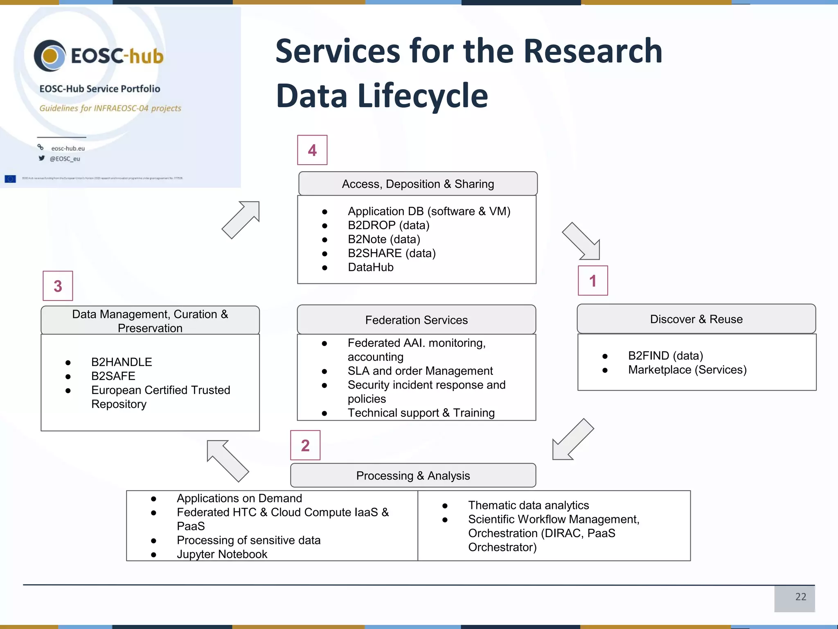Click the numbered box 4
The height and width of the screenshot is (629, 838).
(312, 150)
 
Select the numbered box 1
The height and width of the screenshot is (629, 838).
(592, 281)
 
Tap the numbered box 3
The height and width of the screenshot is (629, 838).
(58, 286)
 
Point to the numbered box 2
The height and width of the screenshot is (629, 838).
(305, 445)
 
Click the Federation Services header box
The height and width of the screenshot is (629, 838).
(416, 320)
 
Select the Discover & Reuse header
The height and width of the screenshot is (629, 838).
(696, 319)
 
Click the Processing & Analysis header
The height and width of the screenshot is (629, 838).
(413, 475)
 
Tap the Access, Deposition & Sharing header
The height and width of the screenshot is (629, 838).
(418, 184)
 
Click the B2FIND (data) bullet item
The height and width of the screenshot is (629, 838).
(665, 355)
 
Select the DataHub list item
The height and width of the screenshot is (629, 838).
(370, 267)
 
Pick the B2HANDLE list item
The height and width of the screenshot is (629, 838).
(122, 362)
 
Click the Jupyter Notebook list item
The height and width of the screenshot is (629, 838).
(222, 554)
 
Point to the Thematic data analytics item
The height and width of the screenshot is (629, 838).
(528, 505)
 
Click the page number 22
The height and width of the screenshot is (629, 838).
(800, 597)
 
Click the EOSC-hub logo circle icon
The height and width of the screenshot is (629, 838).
(50, 56)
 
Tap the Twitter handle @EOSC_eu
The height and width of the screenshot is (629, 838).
(65, 159)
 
